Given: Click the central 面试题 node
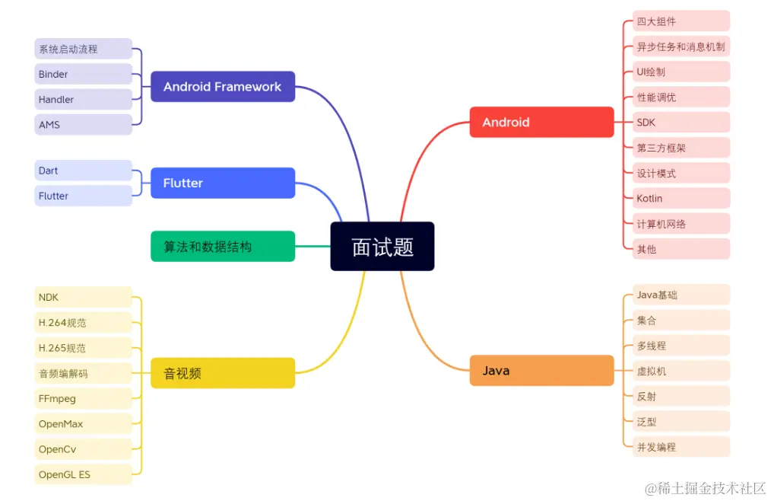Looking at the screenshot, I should [382, 246].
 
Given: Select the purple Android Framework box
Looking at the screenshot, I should [222, 87].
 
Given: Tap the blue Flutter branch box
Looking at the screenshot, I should [222, 183].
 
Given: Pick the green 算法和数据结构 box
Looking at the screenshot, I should [222, 247].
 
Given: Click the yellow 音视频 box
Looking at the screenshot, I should [222, 373].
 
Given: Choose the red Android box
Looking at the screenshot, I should [541, 122].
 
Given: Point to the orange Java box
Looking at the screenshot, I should [541, 371].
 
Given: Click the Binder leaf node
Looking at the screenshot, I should [83, 74].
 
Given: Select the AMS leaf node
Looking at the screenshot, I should [83, 124].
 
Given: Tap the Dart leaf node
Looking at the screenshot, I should [83, 171].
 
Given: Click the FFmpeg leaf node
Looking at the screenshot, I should [83, 398].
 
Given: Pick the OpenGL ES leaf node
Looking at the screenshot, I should [83, 474].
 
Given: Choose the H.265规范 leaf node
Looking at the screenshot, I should [83, 348].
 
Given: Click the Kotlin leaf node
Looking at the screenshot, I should [681, 198].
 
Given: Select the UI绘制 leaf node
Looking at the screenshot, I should [681, 72].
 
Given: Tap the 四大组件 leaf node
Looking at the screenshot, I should [681, 21].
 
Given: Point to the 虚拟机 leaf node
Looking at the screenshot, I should [681, 371].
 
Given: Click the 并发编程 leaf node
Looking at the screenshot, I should [681, 447].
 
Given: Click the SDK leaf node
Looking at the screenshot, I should [681, 122].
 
